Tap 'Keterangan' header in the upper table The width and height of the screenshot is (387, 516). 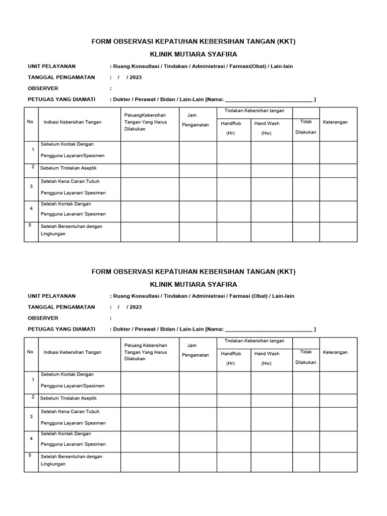(335, 122)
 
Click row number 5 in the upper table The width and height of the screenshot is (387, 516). (30, 225)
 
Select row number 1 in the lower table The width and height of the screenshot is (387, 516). (32, 380)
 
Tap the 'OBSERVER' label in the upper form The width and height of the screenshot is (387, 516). (43, 88)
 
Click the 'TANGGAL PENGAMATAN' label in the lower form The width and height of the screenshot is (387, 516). (61, 307)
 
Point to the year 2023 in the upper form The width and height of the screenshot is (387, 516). (135, 77)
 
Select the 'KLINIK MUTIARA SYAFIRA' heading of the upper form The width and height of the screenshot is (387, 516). (193, 54)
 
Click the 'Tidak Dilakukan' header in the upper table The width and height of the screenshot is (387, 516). (306, 127)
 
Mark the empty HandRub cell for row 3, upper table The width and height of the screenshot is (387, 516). (234, 187)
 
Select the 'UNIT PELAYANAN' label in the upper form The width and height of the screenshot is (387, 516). (51, 66)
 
